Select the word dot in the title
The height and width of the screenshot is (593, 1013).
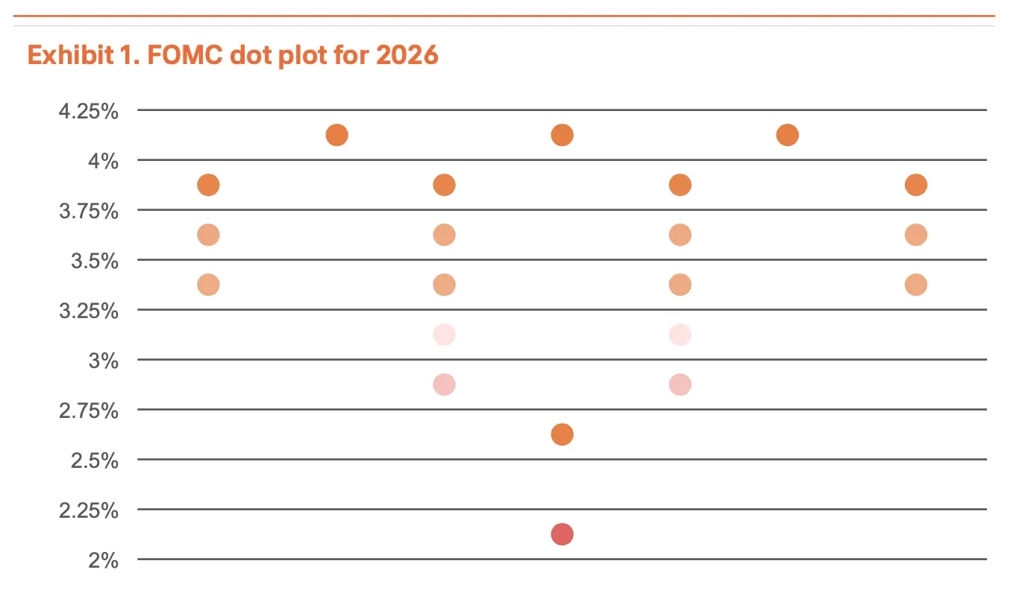click(251, 55)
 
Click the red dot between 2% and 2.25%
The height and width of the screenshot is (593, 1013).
click(562, 534)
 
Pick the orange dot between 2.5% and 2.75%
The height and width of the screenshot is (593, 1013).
click(562, 434)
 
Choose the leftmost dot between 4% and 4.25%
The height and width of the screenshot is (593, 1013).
click(337, 136)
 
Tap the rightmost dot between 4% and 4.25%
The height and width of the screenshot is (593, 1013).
click(787, 136)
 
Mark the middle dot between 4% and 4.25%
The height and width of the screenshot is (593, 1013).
click(562, 136)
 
